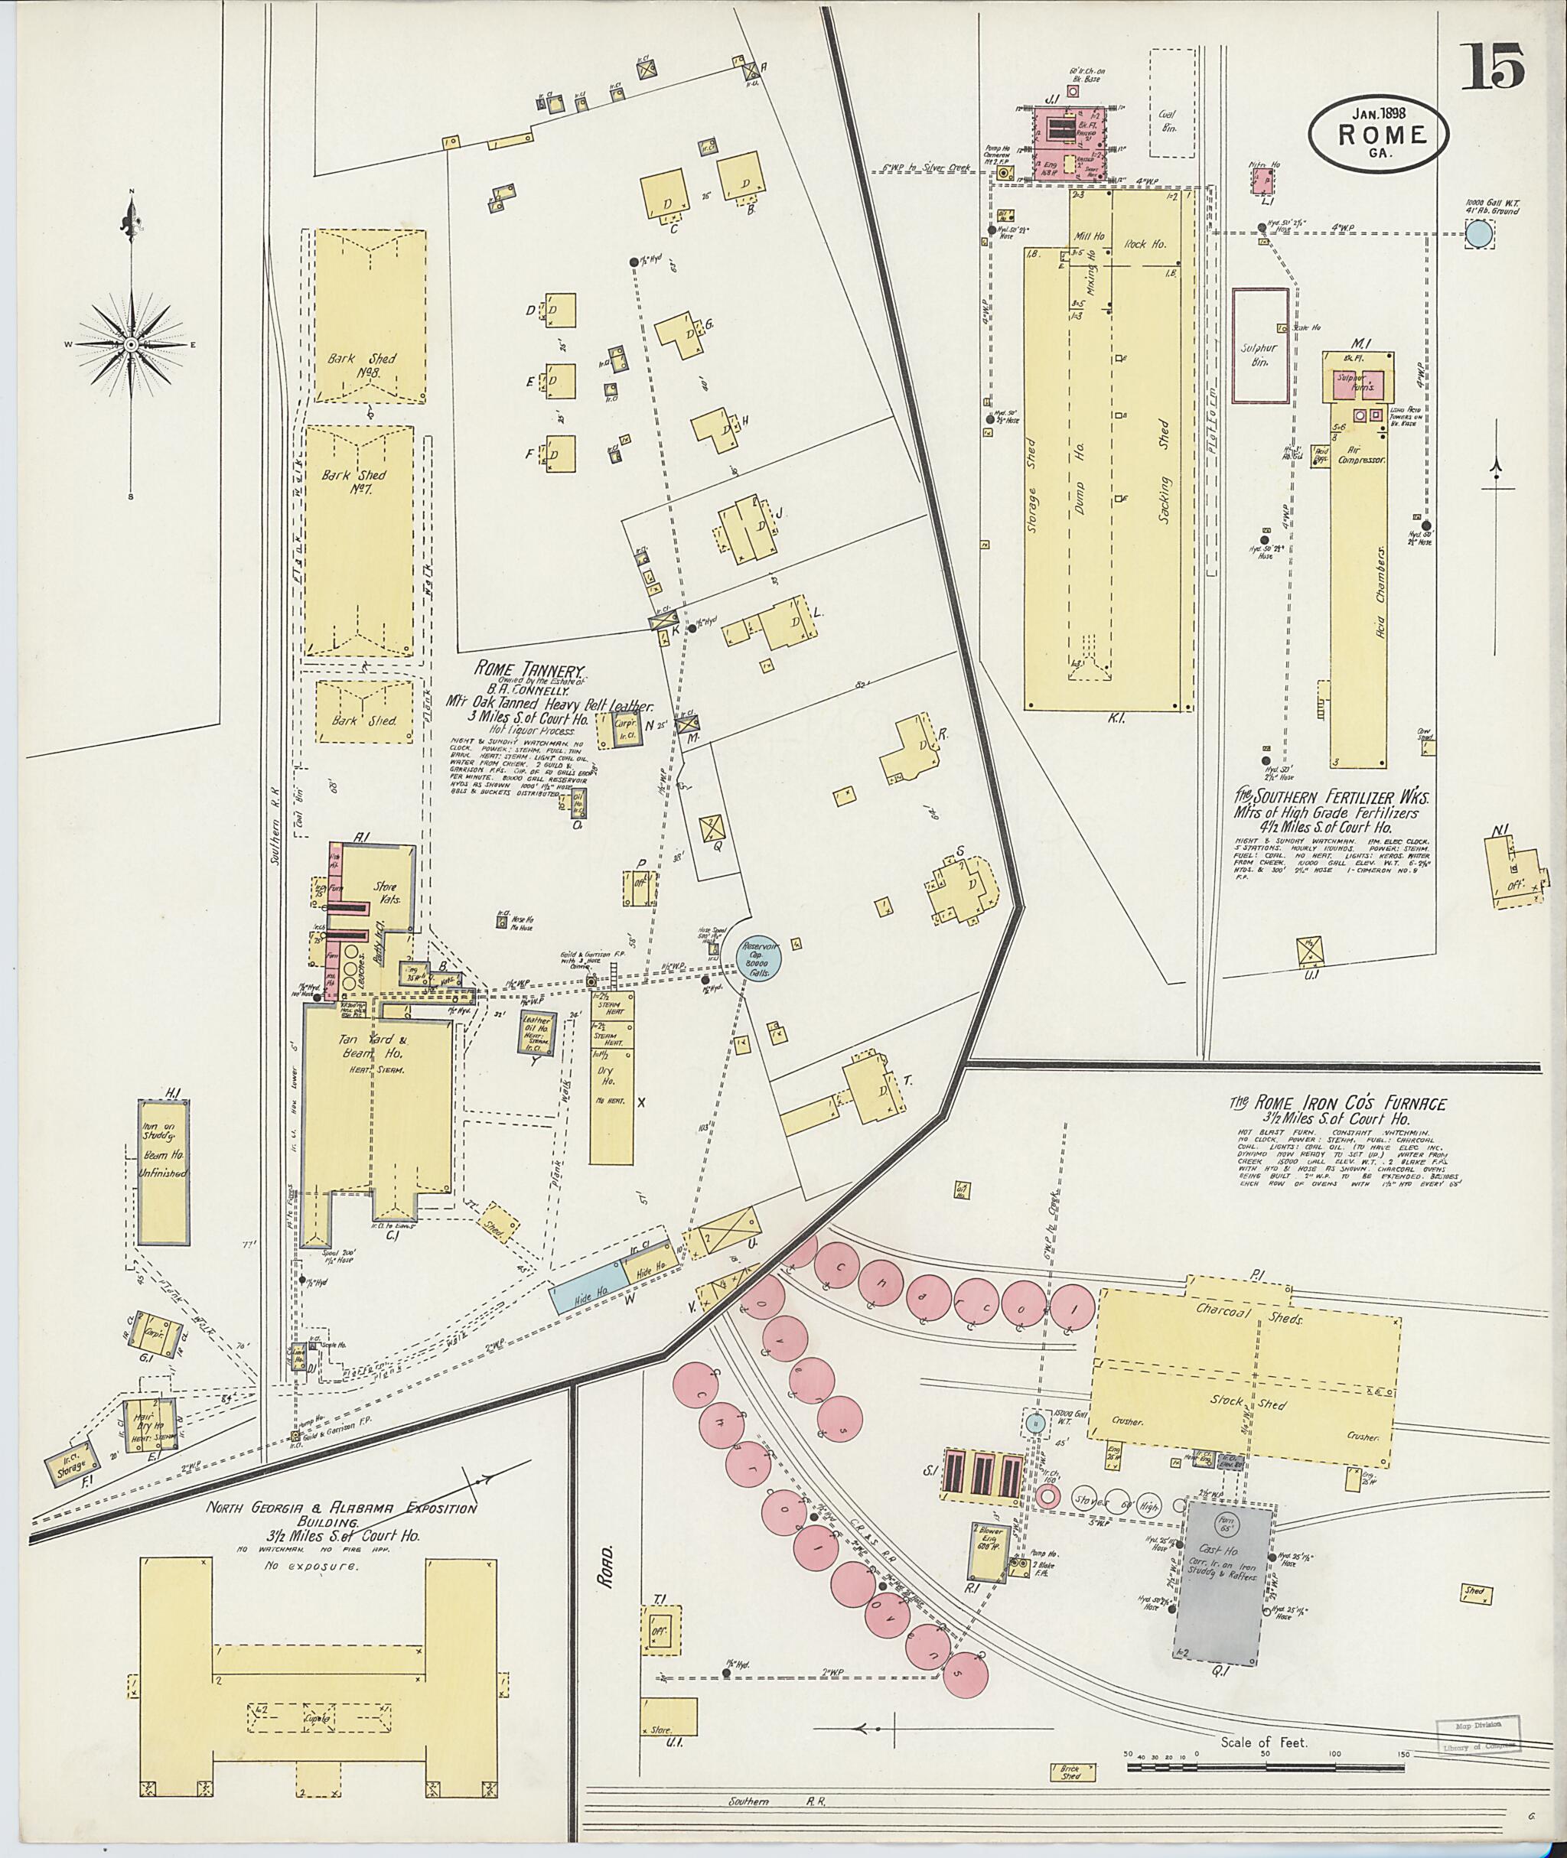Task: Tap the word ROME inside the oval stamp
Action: click(1379, 135)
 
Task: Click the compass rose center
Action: click(131, 343)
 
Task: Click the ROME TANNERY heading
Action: click(529, 669)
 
